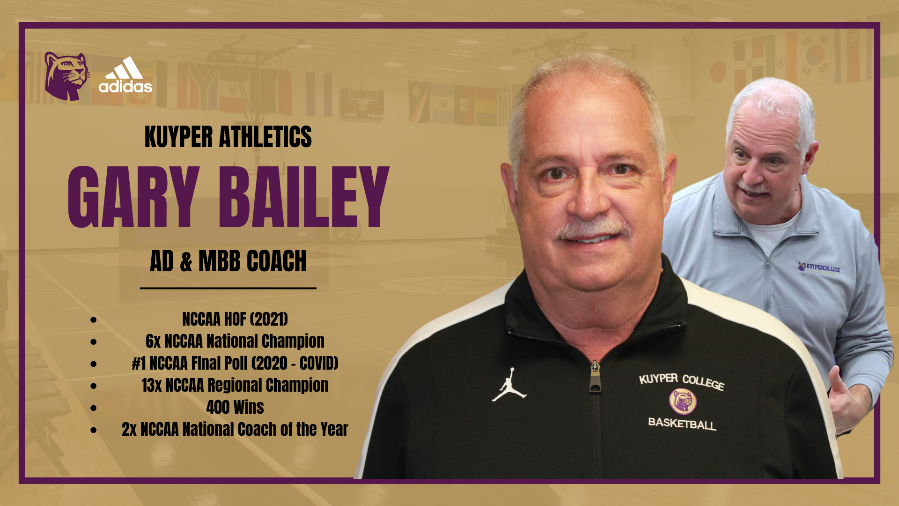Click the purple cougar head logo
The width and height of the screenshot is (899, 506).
[x=66, y=76]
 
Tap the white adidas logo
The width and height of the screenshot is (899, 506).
[x=125, y=75]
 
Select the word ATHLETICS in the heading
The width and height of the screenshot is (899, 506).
[x=265, y=137]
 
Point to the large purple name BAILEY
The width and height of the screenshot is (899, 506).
[x=304, y=197]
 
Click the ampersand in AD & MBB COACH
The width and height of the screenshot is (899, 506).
[x=186, y=261]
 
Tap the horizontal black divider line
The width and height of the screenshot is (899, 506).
[x=228, y=288]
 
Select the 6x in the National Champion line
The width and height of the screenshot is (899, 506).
[x=153, y=341]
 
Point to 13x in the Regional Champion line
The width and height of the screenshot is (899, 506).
[x=152, y=385]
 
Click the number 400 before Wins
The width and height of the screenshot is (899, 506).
[x=218, y=407]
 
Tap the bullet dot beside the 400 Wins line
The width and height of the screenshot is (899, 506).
[x=94, y=408]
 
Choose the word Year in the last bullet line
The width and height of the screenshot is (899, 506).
[x=334, y=429]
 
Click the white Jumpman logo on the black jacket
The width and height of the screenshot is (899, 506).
[x=509, y=385]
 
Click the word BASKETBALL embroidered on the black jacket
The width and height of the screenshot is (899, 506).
[x=682, y=424]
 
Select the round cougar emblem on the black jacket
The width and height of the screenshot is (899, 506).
[x=683, y=402]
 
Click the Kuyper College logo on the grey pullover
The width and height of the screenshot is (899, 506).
[x=819, y=268]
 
